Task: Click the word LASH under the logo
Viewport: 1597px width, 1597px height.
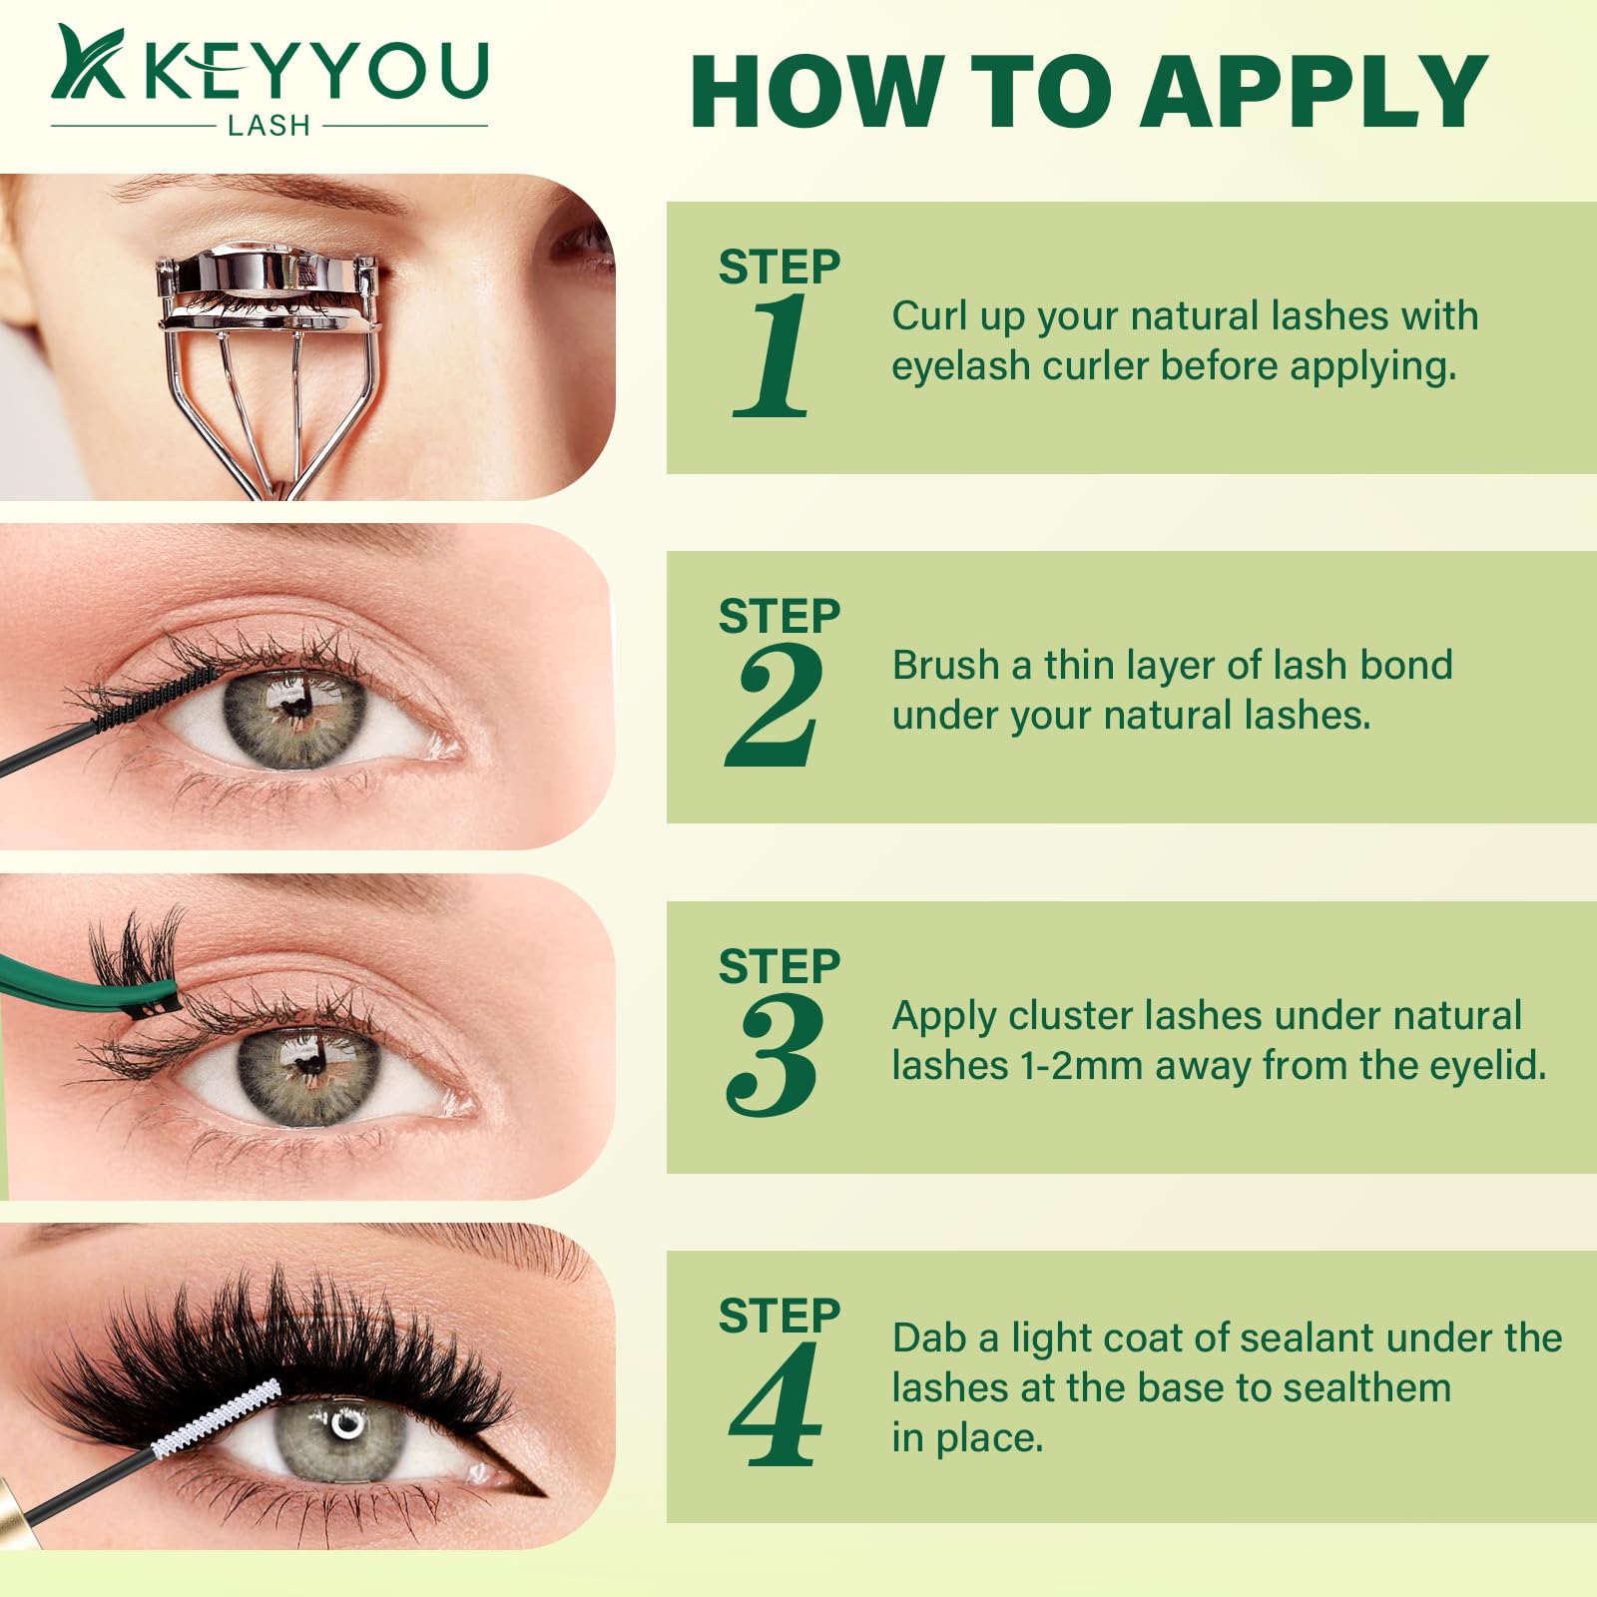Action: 268,125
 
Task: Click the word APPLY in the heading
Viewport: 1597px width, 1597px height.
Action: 1315,92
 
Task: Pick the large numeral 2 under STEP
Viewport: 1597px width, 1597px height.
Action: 775,705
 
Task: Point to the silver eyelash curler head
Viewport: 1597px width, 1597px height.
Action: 267,288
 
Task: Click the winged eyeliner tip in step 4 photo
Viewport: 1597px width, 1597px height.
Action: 543,1494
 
